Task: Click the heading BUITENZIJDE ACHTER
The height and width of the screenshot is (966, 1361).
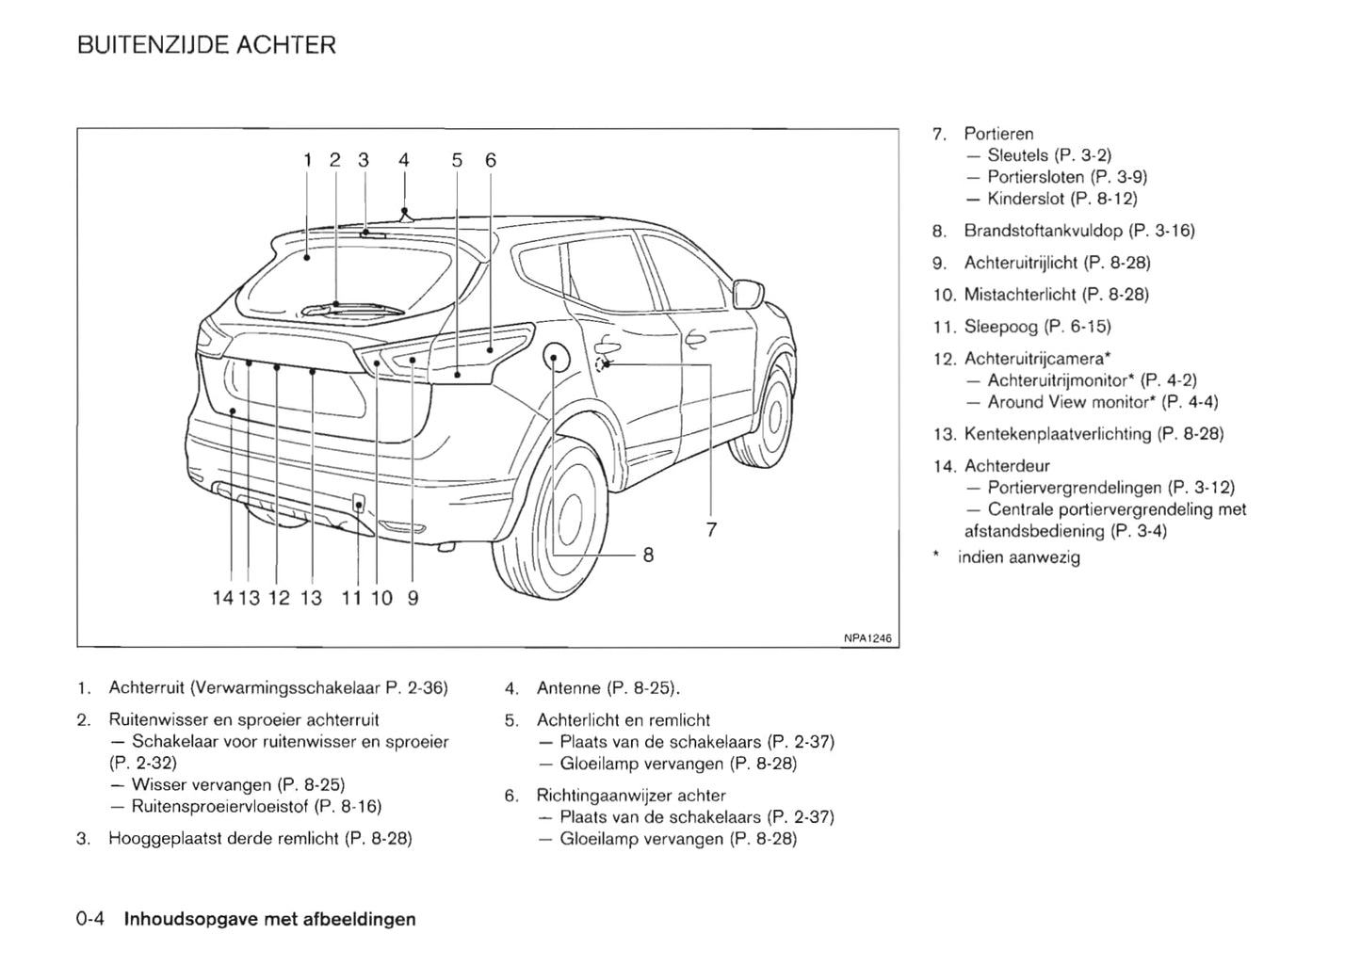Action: [206, 45]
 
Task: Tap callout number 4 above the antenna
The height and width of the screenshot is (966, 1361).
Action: [404, 160]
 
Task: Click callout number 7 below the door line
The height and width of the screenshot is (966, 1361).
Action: [711, 530]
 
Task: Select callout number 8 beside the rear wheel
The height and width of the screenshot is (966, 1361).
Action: [648, 555]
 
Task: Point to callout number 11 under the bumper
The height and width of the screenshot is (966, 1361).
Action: [351, 598]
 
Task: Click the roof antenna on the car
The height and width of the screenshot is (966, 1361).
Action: [404, 216]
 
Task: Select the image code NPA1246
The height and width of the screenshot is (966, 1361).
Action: [867, 638]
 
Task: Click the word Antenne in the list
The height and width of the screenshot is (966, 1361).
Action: [568, 688]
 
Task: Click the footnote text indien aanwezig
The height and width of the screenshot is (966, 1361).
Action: [1018, 557]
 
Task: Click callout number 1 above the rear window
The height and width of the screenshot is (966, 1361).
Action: [307, 160]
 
